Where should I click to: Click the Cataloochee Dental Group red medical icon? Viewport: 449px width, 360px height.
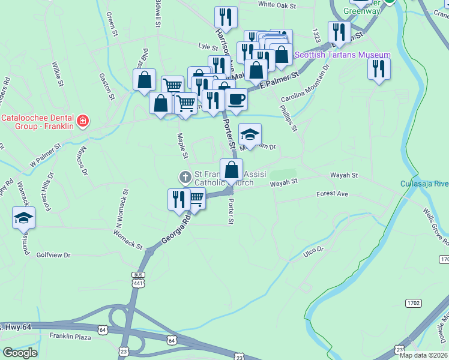tap(82, 121)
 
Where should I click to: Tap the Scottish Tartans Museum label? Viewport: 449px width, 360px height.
tap(342, 55)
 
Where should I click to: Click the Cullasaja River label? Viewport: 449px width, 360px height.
tap(424, 184)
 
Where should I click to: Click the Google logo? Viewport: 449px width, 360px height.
tap(19, 353)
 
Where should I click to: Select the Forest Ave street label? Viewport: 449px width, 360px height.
tap(333, 194)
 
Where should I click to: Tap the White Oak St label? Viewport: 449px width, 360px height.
tap(277, 5)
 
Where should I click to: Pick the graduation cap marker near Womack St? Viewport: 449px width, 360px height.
tap(24, 218)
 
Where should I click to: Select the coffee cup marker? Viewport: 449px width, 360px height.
tap(237, 99)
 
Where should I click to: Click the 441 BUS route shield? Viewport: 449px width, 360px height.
tap(137, 278)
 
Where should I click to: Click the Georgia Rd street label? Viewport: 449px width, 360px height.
tap(176, 229)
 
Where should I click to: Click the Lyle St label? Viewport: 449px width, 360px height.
tap(208, 46)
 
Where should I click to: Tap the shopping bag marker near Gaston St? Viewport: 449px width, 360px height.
tap(144, 80)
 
